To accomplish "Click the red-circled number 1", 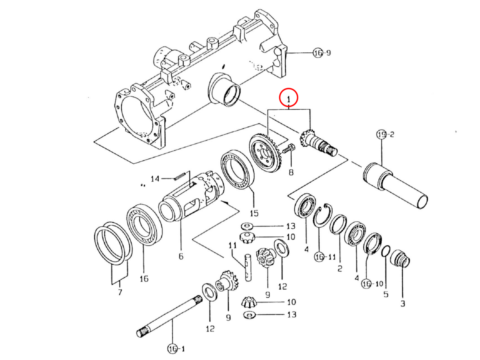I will click(x=288, y=98).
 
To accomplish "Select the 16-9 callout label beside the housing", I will click(x=322, y=53).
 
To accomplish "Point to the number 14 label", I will click(x=155, y=178).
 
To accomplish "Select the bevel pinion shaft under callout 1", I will click(x=320, y=143).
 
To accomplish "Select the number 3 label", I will click(x=402, y=303).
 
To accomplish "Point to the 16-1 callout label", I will click(x=176, y=349).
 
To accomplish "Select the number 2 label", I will click(x=339, y=268).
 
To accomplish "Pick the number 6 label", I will click(x=181, y=256).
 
